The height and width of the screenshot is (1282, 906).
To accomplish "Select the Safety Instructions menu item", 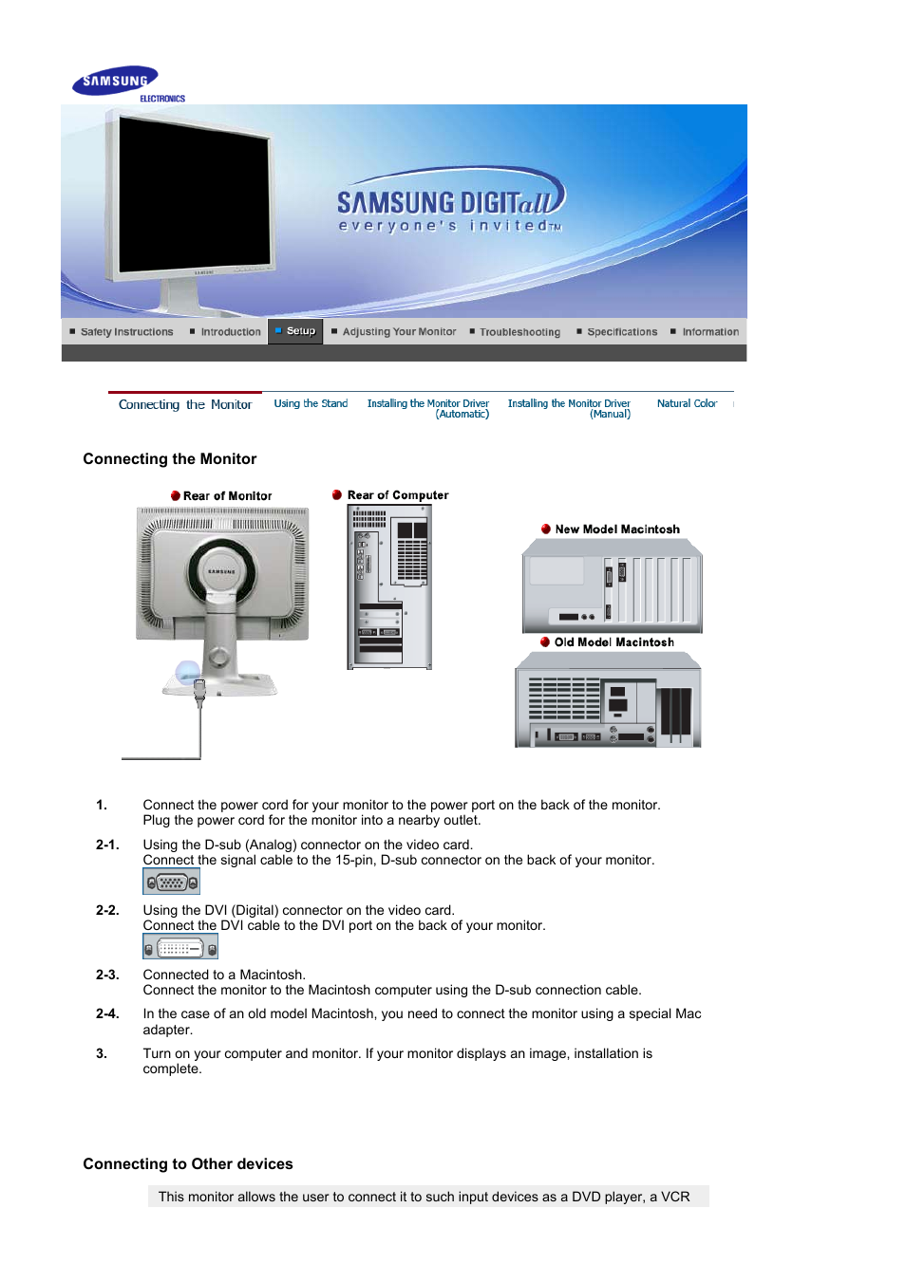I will click(x=126, y=332).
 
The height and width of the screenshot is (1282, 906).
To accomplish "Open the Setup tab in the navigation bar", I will click(x=300, y=331).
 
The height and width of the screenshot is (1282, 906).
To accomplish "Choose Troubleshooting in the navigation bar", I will click(x=519, y=332).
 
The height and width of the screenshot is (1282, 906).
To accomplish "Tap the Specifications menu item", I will click(x=621, y=332).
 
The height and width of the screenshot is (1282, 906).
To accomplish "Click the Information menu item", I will click(x=709, y=332).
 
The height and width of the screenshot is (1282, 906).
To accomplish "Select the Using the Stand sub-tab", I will click(x=311, y=404).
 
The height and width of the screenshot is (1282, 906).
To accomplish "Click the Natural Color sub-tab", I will click(x=687, y=404).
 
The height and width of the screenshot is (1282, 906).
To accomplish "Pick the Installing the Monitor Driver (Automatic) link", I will click(x=428, y=409).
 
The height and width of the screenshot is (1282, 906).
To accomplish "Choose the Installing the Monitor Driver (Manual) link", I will click(x=569, y=409).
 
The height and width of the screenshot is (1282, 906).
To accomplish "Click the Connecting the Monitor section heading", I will click(x=170, y=459).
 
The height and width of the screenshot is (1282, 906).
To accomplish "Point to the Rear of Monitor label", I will click(x=227, y=496).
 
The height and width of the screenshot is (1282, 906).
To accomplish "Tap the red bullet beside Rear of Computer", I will click(x=337, y=495).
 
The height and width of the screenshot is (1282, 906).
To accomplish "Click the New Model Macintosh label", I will click(x=617, y=530).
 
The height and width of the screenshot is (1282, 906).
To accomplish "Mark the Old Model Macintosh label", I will click(x=614, y=642).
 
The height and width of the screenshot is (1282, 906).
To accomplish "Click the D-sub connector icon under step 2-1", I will click(x=171, y=882).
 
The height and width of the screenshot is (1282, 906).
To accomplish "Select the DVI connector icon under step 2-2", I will click(x=180, y=947).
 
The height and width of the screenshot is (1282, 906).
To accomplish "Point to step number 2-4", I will click(x=107, y=1013).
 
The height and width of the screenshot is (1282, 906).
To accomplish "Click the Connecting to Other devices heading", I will click(x=188, y=1164).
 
